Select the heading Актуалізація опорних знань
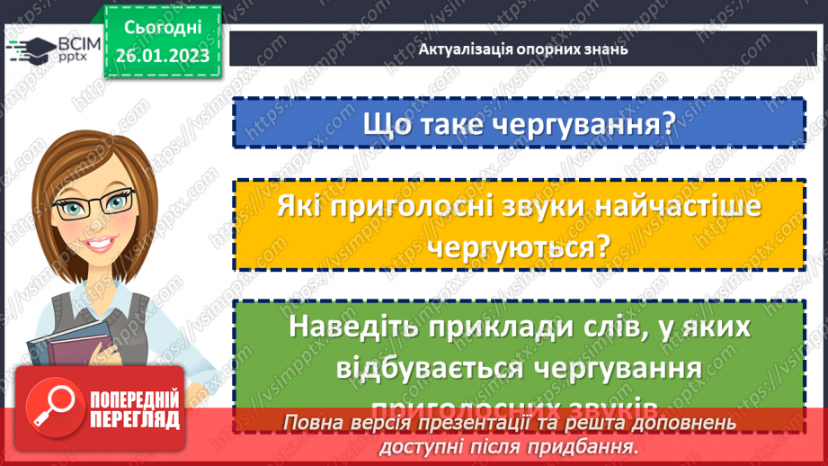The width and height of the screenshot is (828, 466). point(522,49)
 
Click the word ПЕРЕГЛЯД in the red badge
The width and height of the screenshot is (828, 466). point(135,420)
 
